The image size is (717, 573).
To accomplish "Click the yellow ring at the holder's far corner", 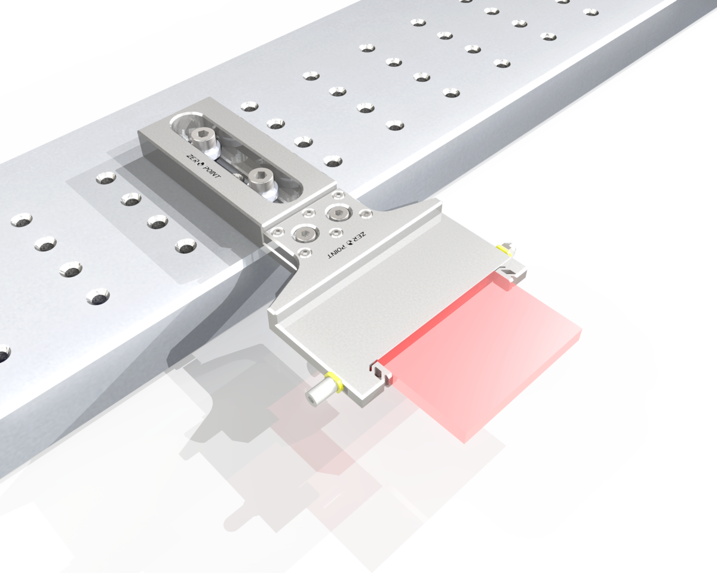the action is pyautogui.click(x=504, y=249).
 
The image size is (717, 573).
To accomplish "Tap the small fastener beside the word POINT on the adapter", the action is pyautogui.click(x=304, y=253).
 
